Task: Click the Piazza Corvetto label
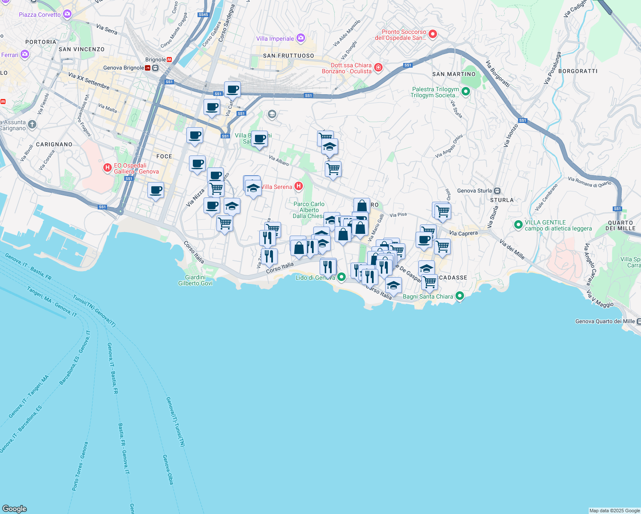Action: pyautogui.click(x=40, y=15)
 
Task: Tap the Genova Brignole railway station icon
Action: pyautogui.click(x=155, y=68)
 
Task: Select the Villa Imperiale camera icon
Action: pyautogui.click(x=300, y=39)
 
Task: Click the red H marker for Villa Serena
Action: pyautogui.click(x=299, y=186)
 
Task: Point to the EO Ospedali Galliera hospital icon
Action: pyautogui.click(x=108, y=168)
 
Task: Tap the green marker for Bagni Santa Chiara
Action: pyautogui.click(x=460, y=296)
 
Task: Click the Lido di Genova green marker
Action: pyautogui.click(x=341, y=277)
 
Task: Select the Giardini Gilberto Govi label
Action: pyautogui.click(x=195, y=280)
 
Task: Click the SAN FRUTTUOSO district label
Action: pyautogui.click(x=288, y=56)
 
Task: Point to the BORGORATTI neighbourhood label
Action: pyautogui.click(x=578, y=71)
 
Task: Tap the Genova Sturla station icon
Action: pyautogui.click(x=497, y=191)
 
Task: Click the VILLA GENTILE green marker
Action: pyautogui.click(x=518, y=224)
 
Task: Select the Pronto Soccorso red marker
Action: pyautogui.click(x=432, y=34)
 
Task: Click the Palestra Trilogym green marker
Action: pyautogui.click(x=466, y=92)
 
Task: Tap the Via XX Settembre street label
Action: pyautogui.click(x=89, y=81)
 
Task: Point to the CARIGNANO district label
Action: pyautogui.click(x=54, y=144)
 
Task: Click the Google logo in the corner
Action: pyautogui.click(x=15, y=508)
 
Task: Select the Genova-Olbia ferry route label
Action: pyautogui.click(x=168, y=469)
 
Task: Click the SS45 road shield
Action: pyautogui.click(x=203, y=15)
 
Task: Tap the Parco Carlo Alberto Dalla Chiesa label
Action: pyautogui.click(x=309, y=210)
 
